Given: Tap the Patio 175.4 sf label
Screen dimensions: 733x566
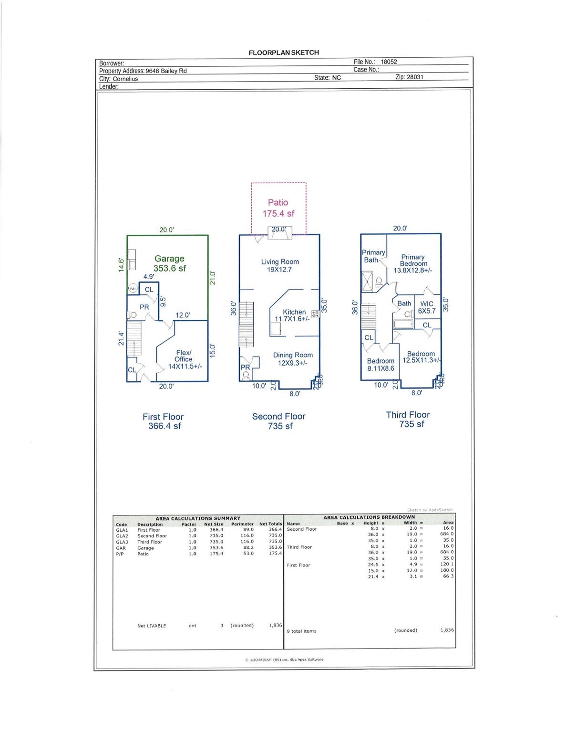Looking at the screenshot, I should [x=278, y=208].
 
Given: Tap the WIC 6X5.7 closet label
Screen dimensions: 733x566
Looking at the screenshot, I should [x=427, y=307].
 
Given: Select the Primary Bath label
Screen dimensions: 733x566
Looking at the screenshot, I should [x=373, y=256].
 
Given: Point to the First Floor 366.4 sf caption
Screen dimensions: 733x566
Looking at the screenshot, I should [x=163, y=421].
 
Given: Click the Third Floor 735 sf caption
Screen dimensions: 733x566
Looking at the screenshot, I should [x=408, y=419].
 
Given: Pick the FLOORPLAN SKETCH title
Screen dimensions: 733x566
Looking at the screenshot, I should [x=284, y=52].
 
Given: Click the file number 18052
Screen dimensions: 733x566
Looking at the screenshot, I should [x=389, y=62].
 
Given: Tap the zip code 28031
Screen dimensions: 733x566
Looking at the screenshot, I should [x=415, y=77].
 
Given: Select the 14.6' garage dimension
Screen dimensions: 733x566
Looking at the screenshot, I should [x=122, y=265].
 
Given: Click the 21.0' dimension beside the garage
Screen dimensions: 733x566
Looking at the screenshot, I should [x=213, y=278].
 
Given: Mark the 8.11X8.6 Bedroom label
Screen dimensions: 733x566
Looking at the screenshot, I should [x=381, y=365].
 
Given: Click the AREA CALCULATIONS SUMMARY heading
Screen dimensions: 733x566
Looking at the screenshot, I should [x=198, y=518].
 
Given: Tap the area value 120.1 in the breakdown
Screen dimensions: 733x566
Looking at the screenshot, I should [x=448, y=564].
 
